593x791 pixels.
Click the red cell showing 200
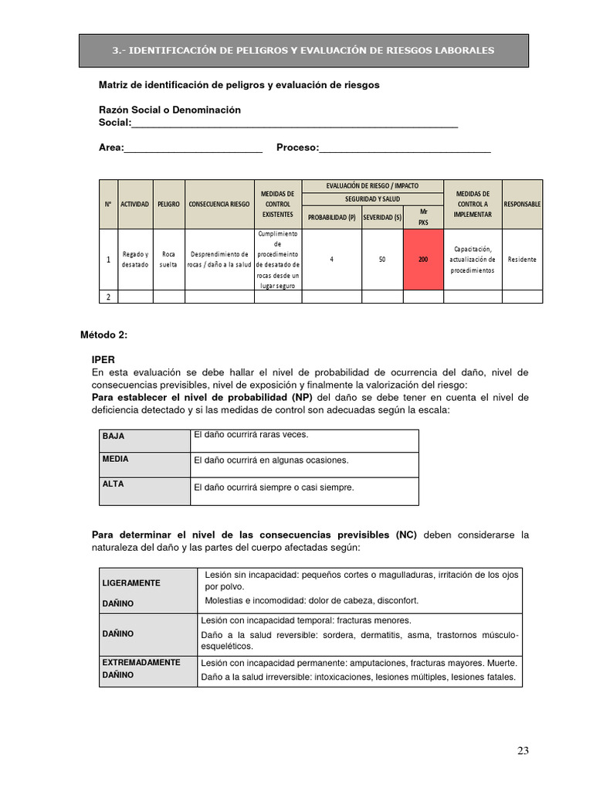tap(423, 260)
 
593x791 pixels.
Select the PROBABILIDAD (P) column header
tap(331, 217)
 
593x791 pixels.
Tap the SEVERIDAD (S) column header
tap(382, 217)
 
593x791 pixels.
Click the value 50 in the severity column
tap(382, 260)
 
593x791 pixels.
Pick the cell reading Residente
tap(522, 260)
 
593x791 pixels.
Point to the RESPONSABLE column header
tap(522, 204)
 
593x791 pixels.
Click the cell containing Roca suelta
tap(168, 260)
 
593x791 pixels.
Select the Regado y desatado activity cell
tap(134, 260)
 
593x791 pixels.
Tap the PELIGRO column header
tap(168, 204)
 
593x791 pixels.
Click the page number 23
tap(524, 751)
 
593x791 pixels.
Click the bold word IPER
tap(103, 360)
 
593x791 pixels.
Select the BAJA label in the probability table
tap(114, 436)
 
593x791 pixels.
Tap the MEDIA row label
tap(115, 459)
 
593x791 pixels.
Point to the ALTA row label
tap(113, 484)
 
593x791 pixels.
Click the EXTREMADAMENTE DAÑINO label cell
tap(141, 668)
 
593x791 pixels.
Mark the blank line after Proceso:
tap(405, 148)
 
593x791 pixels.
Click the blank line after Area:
tap(193, 148)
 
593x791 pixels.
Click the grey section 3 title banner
tap(303, 50)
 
